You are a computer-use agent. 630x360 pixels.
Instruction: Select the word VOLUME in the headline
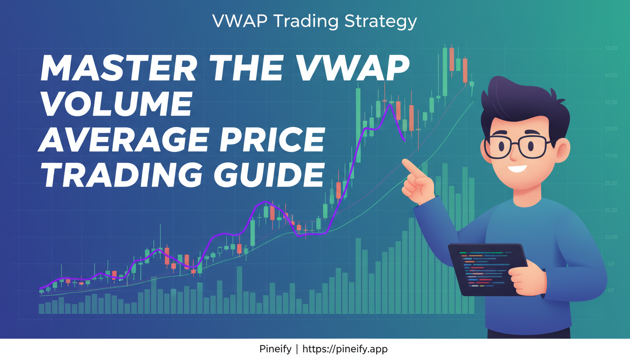click(x=116, y=105)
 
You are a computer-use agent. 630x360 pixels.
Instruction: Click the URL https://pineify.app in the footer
click(x=345, y=349)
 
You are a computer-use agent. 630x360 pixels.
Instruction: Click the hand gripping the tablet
click(x=525, y=279)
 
